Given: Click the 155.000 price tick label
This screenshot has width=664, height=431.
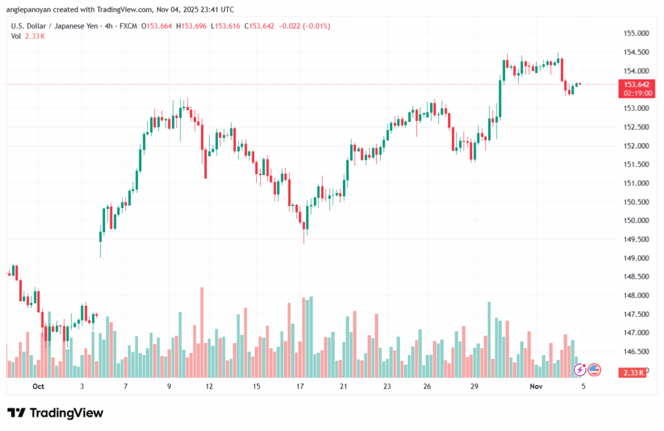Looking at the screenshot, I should [635, 33].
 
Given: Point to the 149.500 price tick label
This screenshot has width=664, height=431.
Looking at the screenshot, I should [635, 239].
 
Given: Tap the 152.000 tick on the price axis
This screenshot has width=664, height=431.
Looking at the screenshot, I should [635, 146].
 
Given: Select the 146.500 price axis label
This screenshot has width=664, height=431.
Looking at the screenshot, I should [635, 352].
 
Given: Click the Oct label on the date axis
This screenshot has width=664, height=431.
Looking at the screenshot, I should [38, 386].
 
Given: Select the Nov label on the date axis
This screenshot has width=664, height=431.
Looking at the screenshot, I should [536, 386].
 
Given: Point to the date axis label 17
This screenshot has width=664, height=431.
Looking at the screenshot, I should [300, 386].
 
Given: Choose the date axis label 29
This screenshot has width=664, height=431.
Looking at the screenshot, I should [474, 386].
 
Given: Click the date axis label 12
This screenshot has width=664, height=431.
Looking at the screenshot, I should [209, 386].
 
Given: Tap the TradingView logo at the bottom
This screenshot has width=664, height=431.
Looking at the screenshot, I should [55, 413].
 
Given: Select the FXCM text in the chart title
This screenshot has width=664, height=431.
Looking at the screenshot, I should [130, 26].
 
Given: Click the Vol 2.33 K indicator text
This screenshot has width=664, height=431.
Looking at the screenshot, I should [24, 36].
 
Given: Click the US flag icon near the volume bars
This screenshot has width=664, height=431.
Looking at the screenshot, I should [594, 369].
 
